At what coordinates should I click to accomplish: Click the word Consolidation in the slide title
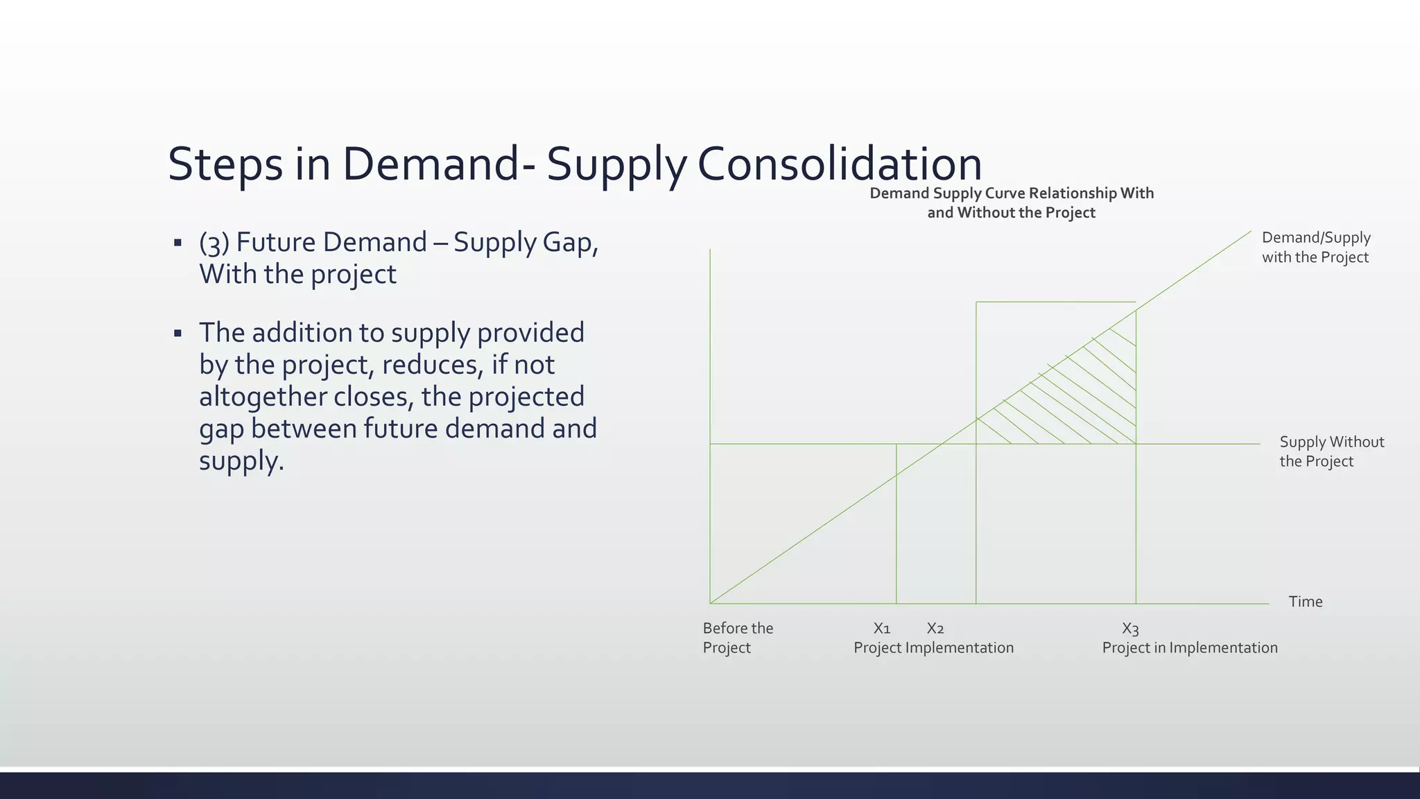(x=839, y=164)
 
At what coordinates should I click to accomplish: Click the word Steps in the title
(x=225, y=164)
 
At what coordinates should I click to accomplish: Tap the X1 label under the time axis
(x=881, y=628)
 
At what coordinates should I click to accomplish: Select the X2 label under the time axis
(x=935, y=628)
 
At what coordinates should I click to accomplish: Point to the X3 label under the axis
(x=1130, y=629)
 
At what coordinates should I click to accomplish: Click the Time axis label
(x=1305, y=602)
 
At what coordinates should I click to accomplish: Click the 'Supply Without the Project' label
(x=1331, y=452)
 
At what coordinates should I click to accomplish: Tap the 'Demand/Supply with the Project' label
(x=1315, y=247)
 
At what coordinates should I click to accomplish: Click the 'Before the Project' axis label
(x=737, y=637)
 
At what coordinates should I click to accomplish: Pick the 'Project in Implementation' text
(x=1189, y=648)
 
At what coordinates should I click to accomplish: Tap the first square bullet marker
(x=177, y=243)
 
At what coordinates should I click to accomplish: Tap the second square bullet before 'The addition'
(x=177, y=334)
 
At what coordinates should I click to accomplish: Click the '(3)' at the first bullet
(x=214, y=243)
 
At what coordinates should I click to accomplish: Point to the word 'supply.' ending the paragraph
(x=241, y=461)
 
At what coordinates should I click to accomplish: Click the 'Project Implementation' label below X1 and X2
(x=933, y=648)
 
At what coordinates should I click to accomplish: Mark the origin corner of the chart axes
(x=711, y=603)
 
